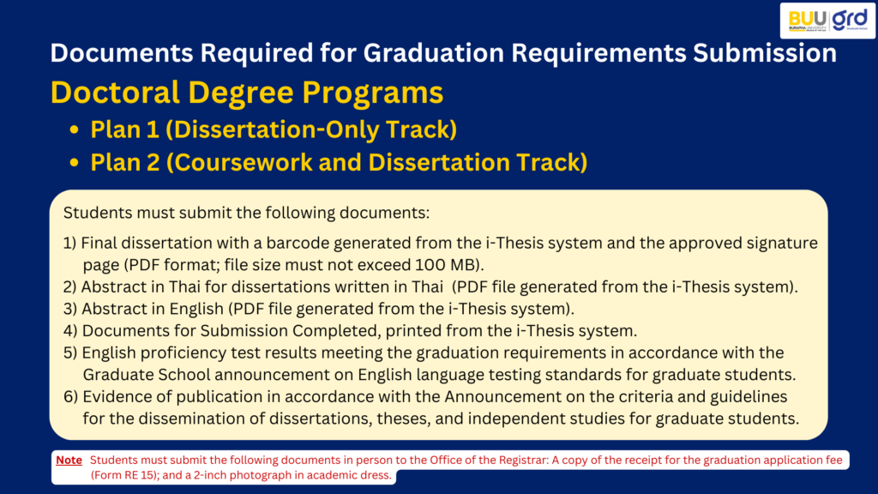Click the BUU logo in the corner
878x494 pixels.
(807, 20)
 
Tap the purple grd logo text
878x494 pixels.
(850, 19)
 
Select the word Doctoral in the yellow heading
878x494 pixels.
(115, 92)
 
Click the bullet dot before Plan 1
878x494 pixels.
(74, 130)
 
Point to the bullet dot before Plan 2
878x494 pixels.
(74, 163)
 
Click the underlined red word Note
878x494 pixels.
(69, 460)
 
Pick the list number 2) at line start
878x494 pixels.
(70, 286)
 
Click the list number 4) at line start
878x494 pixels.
(70, 330)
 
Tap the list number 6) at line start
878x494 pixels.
(70, 396)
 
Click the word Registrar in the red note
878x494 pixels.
(524, 460)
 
